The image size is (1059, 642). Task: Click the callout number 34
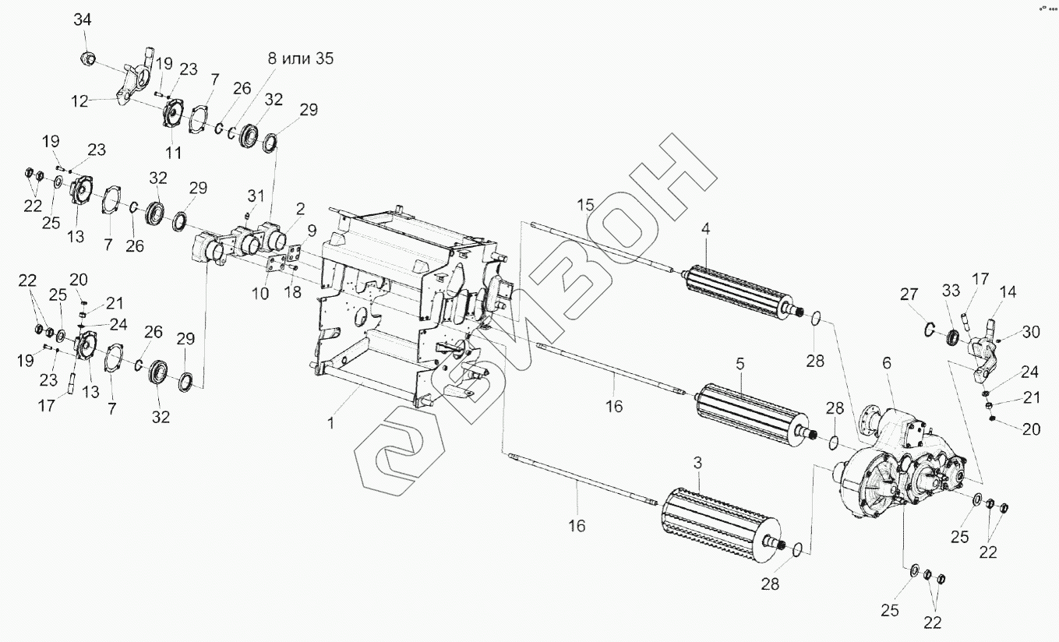click(x=83, y=20)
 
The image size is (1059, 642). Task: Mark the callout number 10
click(x=260, y=293)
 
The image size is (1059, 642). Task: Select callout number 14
click(x=1008, y=293)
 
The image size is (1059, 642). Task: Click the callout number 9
click(x=311, y=230)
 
